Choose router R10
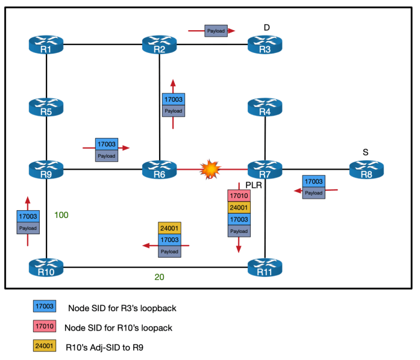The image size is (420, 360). [46, 267]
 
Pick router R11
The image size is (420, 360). [265, 267]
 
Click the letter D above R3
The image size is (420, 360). [268, 28]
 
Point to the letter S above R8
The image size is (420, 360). [366, 152]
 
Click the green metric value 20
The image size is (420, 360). [159, 278]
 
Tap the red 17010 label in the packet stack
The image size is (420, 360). [239, 196]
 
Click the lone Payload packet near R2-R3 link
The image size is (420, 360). [216, 30]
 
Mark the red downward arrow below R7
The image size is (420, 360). [239, 244]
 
